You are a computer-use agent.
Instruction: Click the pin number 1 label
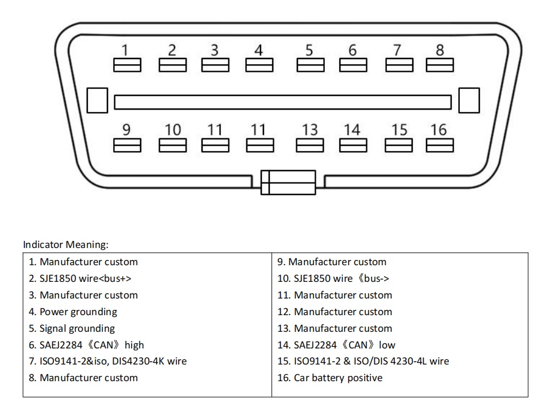point(126,51)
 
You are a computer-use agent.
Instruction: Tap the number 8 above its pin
point(440,51)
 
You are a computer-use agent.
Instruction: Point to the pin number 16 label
point(439,130)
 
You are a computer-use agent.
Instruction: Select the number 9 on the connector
point(126,130)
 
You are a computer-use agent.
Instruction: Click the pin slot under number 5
point(310,66)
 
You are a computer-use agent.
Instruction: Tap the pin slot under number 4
point(259,66)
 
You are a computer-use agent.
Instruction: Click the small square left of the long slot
point(97,100)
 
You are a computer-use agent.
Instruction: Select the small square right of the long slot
point(469,100)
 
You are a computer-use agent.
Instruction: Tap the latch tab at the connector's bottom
point(288,182)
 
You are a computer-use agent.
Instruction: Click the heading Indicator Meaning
point(65,245)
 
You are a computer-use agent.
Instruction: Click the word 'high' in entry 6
point(134,345)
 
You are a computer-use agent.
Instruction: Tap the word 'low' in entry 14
point(387,345)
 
